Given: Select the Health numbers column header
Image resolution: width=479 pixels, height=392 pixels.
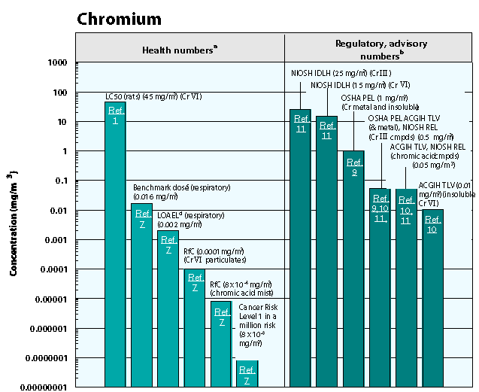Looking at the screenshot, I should click(180, 50).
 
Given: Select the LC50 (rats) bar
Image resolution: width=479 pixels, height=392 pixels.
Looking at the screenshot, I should click(115, 248).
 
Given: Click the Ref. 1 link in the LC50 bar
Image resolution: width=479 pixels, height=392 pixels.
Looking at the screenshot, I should click(115, 115).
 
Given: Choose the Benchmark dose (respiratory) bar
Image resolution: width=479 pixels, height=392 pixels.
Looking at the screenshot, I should click(141, 301).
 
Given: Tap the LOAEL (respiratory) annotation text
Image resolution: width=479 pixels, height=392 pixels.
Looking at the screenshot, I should click(190, 220).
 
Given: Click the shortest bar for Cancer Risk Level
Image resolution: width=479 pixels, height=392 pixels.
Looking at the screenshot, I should click(247, 374).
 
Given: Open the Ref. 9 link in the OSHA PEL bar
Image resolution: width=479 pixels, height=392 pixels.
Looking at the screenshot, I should click(353, 167).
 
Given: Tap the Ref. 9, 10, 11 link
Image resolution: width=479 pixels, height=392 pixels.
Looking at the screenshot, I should click(380, 208).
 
